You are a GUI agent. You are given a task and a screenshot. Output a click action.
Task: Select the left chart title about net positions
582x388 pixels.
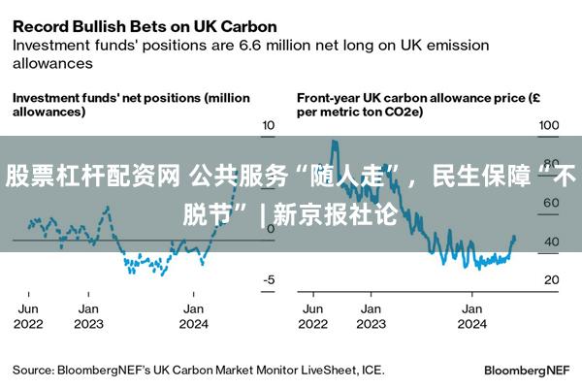click(x=130, y=105)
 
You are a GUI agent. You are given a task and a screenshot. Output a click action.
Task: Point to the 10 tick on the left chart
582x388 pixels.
click(x=270, y=126)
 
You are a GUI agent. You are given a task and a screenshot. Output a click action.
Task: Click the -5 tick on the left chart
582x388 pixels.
click(x=270, y=280)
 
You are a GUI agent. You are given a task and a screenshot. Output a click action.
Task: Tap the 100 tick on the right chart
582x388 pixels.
click(x=550, y=126)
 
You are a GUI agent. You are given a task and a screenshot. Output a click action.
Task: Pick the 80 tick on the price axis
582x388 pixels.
click(x=550, y=165)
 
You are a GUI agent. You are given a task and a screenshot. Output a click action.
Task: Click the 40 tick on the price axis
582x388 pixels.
click(x=550, y=242)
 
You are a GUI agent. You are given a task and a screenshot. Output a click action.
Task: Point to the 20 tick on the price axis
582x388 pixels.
click(x=550, y=280)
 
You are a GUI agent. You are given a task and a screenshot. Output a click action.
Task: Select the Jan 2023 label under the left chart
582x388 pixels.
click(x=88, y=315)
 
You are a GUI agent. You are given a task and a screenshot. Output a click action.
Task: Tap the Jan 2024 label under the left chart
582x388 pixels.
click(x=194, y=315)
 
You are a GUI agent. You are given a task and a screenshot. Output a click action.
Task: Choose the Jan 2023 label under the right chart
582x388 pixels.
click(x=370, y=315)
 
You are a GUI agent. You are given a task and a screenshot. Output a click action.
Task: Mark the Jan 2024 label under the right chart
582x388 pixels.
click(x=471, y=315)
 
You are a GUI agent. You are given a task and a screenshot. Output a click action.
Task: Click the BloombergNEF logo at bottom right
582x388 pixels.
click(x=528, y=370)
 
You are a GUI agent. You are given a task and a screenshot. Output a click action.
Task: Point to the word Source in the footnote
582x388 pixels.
click(x=31, y=370)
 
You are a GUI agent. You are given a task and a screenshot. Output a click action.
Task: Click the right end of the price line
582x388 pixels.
click(x=514, y=238)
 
